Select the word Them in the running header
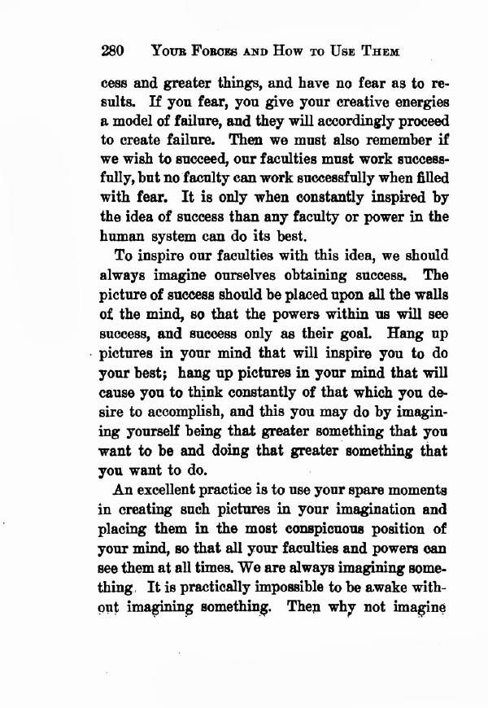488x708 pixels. click(x=380, y=51)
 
